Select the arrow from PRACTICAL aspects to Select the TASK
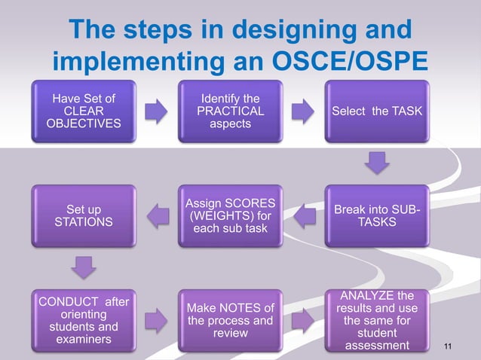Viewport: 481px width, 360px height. [302, 112]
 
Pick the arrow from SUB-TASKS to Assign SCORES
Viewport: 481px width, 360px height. [302, 218]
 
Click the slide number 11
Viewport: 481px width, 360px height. [449, 346]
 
